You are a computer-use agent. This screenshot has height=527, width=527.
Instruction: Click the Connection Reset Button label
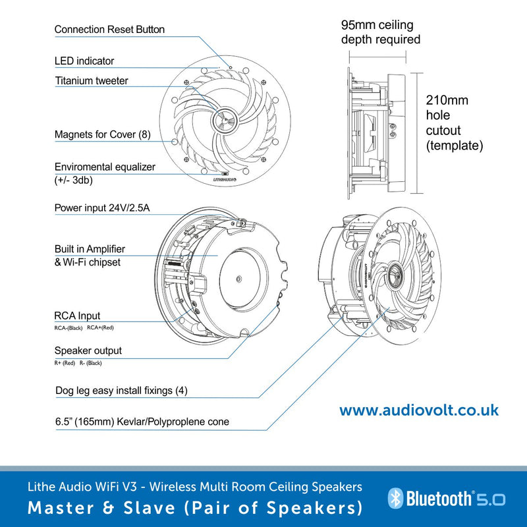[109, 29]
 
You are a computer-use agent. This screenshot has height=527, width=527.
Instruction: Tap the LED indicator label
[84, 61]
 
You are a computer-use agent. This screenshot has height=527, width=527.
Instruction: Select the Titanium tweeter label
[92, 80]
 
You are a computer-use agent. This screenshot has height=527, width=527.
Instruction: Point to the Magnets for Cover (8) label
[103, 134]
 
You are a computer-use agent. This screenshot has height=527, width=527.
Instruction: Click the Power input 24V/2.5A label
[102, 208]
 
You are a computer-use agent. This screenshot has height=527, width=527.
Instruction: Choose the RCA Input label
[77, 316]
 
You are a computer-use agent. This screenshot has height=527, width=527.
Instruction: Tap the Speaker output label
[88, 350]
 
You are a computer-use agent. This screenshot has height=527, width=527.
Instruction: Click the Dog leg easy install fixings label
[121, 390]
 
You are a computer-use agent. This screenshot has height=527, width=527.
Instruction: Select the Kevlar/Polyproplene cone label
[142, 422]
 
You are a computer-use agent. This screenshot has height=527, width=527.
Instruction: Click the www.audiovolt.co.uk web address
[419, 410]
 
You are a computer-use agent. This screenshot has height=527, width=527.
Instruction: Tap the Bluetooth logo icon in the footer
[396, 498]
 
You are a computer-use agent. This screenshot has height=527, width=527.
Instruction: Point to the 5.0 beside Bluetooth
[491, 499]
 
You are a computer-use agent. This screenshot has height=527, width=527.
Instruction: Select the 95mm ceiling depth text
[381, 32]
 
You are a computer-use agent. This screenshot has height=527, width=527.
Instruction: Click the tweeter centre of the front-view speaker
[225, 120]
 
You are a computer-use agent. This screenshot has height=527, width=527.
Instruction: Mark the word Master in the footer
[61, 507]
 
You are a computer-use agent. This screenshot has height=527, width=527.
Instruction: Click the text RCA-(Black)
[69, 327]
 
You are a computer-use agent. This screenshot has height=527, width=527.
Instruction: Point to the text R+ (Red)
[65, 363]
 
